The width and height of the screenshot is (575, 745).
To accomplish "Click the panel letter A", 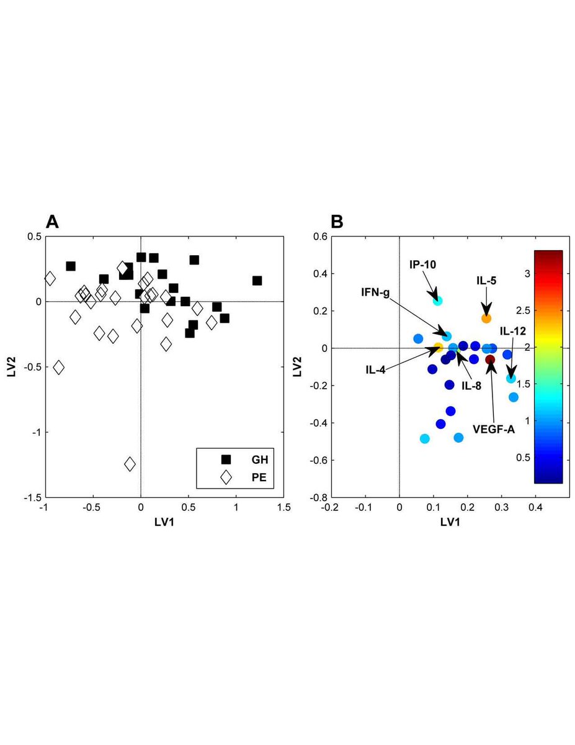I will (52, 222).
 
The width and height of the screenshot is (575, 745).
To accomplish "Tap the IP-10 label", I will (422, 264).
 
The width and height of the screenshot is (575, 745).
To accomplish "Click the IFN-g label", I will (376, 291).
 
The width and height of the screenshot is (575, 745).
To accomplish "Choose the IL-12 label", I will (513, 332).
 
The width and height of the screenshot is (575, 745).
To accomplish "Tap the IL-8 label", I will (472, 386).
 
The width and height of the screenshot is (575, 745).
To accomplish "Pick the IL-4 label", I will (376, 370).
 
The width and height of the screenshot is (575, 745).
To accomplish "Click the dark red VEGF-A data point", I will (490, 359).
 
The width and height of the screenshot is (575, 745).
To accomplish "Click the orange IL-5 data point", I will (486, 318).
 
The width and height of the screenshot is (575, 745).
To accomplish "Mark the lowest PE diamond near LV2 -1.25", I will (130, 464).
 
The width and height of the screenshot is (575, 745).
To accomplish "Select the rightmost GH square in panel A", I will (257, 281).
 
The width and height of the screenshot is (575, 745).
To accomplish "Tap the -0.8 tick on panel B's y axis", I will (319, 497).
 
